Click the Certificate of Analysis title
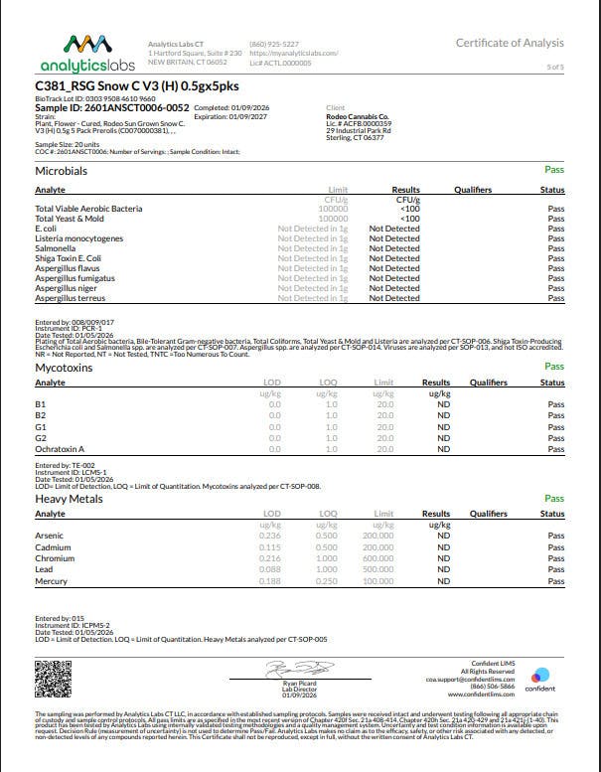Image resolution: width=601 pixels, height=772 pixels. (510, 43)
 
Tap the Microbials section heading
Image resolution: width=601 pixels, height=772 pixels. (61, 172)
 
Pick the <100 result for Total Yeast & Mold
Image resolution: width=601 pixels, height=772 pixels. (408, 219)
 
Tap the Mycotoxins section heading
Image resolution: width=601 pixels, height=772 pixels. (65, 368)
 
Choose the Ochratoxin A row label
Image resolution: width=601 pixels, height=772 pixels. (60, 449)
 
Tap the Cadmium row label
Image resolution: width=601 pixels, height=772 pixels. (53, 546)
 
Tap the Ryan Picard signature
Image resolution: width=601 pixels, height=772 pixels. (290, 668)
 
